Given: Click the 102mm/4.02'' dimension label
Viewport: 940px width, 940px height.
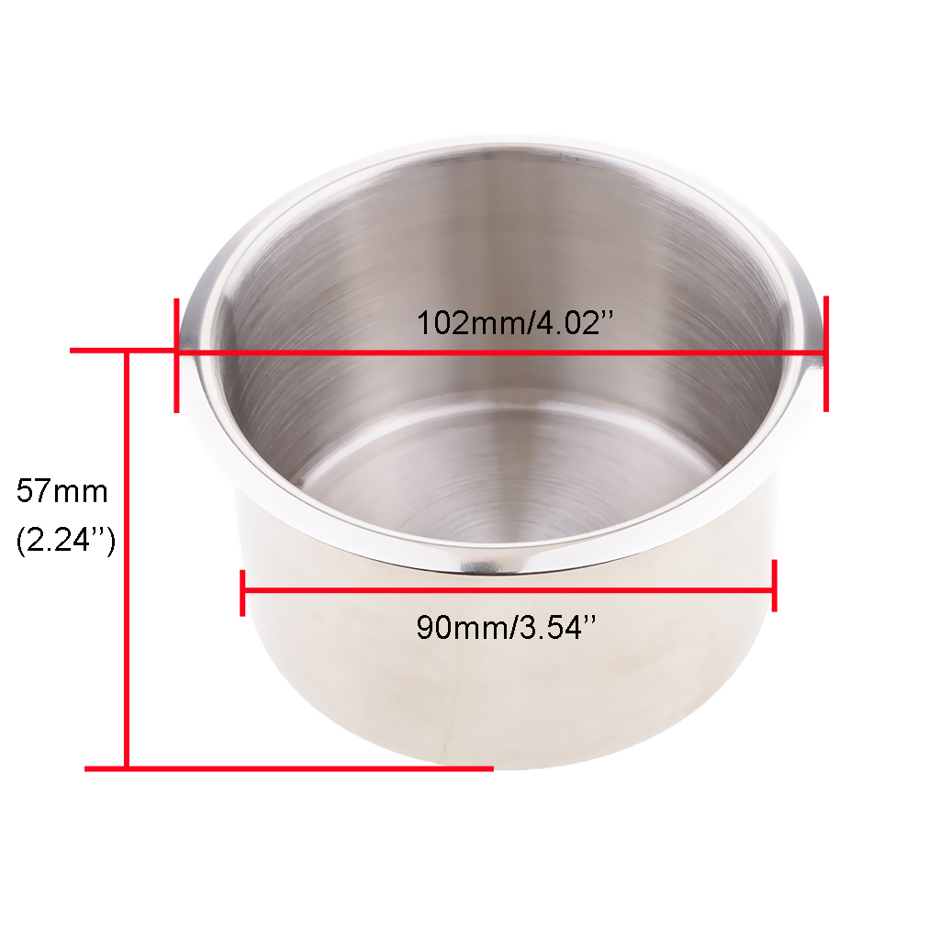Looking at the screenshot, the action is click(516, 322).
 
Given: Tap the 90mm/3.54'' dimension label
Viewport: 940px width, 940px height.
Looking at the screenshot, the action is click(507, 628).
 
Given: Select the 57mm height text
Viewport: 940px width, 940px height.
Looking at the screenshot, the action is click(62, 491).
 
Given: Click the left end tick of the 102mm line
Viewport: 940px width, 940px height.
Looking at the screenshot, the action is click(176, 355).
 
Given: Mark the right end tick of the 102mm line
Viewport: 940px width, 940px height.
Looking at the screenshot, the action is click(826, 353).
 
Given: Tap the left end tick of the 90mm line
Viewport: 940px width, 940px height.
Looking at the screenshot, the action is click(242, 593).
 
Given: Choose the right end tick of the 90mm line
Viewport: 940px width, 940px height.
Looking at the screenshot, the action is click(775, 586).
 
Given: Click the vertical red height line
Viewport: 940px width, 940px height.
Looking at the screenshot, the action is click(127, 559).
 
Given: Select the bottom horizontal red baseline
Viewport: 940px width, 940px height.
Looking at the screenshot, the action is click(289, 768).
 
